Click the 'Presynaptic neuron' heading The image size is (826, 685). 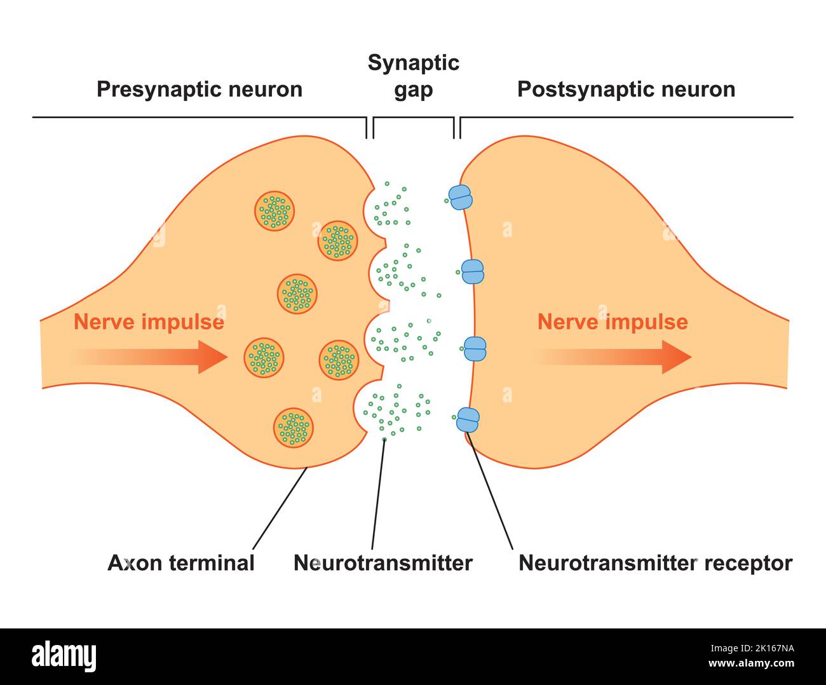[199, 89]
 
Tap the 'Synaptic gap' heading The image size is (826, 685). [413, 76]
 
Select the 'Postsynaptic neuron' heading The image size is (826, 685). [626, 89]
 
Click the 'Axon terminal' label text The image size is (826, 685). [181, 563]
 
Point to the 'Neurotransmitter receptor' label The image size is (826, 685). [655, 563]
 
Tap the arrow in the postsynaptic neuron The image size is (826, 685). [615, 357]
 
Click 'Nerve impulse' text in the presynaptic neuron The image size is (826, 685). [149, 322]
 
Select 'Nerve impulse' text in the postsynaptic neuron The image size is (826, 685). [613, 322]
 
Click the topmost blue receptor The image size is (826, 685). [461, 198]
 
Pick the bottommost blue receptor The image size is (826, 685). [468, 419]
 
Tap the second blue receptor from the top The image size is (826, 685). [472, 272]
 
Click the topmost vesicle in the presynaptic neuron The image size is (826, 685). [274, 211]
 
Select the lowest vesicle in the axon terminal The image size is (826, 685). [294, 427]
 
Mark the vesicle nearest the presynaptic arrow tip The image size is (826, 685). [264, 358]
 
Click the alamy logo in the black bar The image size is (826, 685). [64, 656]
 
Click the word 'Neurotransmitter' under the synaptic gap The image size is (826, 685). [383, 563]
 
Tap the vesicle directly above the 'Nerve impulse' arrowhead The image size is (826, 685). [297, 294]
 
